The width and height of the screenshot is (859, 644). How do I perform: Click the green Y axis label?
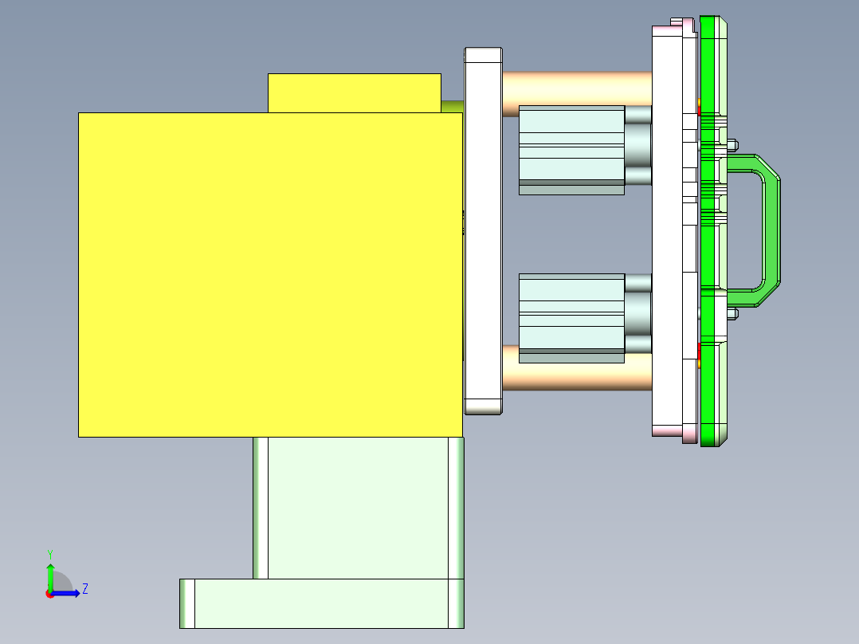[49, 553]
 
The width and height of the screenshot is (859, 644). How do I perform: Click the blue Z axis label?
[84, 589]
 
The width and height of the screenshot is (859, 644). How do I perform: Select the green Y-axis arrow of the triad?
[50, 575]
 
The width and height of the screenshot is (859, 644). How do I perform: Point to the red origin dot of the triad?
[49, 594]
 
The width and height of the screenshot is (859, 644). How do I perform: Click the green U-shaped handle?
[768, 230]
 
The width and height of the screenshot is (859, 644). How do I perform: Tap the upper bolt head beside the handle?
[733, 145]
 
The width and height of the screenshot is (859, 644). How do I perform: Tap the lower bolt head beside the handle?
[733, 313]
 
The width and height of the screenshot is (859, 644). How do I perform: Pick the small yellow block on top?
[354, 92]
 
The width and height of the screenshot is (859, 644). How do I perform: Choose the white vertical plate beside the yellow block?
[483, 230]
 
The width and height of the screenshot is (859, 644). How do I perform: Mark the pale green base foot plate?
[321, 603]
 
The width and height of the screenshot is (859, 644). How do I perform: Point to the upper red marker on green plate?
[699, 108]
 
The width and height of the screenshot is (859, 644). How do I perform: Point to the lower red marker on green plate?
[699, 351]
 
